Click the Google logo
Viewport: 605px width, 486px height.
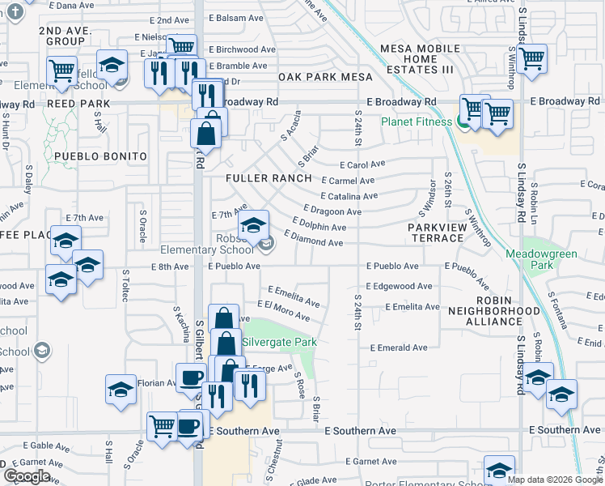click(27, 476)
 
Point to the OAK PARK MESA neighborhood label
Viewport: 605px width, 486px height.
click(325, 77)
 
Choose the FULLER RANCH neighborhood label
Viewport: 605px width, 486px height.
click(269, 178)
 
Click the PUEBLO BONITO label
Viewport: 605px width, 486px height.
click(101, 156)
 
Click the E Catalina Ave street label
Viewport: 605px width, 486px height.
click(349, 196)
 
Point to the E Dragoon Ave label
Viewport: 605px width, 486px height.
click(332, 211)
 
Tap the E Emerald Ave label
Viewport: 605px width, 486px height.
click(399, 347)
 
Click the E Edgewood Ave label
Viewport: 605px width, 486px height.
click(399, 286)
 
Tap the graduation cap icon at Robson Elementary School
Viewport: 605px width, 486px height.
click(254, 224)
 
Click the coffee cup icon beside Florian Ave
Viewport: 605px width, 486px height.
click(191, 377)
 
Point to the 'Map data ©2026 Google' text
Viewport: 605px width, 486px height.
click(554, 480)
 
